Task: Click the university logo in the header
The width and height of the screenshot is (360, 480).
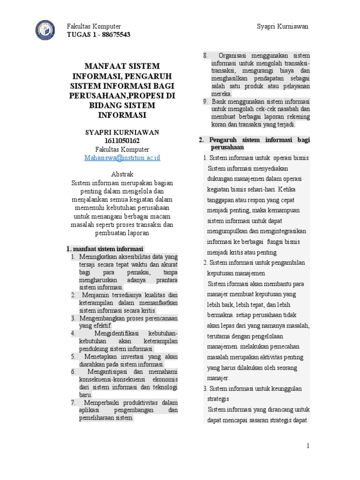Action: [48, 30]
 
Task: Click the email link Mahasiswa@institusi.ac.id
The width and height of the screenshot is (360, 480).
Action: [122, 157]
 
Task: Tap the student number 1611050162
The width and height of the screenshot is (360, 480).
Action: [122, 141]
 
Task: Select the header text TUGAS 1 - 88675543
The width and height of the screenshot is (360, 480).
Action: [99, 35]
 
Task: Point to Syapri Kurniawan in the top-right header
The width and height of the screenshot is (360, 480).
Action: [283, 26]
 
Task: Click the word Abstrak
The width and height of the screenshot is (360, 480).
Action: [122, 174]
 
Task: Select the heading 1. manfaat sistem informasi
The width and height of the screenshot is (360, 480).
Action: [105, 248]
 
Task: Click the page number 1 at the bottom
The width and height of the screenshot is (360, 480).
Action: [308, 446]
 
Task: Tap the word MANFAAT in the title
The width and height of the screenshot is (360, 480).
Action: [102, 66]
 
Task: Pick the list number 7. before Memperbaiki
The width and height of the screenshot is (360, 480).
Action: [74, 402]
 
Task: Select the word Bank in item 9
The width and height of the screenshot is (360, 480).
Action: [219, 101]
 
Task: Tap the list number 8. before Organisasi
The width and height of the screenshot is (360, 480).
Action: [205, 56]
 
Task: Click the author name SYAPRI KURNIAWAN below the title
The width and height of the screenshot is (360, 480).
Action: [122, 132]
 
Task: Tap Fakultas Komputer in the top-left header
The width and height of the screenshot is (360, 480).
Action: [94, 26]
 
